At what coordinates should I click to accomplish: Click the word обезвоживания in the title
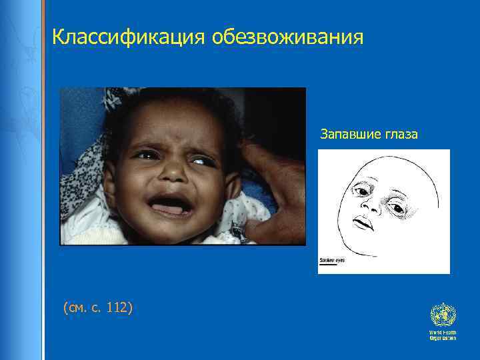288,37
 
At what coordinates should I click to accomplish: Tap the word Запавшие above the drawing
351,135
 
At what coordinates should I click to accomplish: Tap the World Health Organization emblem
442,314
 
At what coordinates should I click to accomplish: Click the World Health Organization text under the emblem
443,335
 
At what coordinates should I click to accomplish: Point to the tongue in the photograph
171,209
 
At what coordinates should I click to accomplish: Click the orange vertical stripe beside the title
45,40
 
